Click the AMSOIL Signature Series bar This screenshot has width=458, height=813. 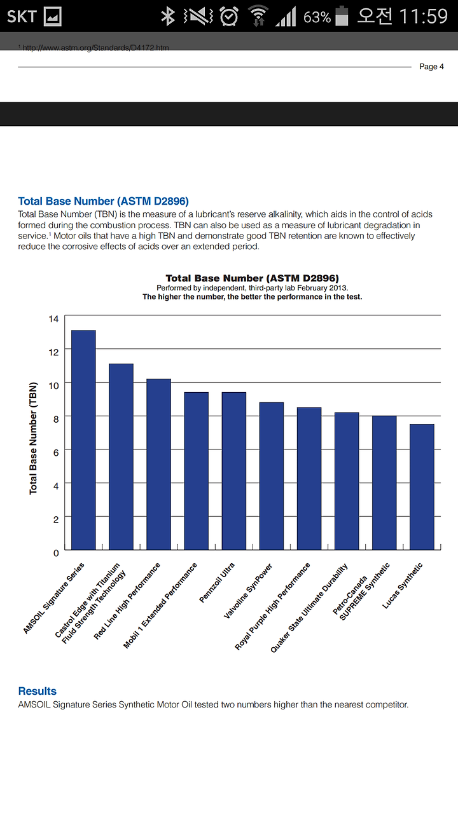point(83,440)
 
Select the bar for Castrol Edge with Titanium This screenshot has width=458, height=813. point(121,456)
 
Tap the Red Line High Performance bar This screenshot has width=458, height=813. point(159,464)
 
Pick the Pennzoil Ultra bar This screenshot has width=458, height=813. point(234,471)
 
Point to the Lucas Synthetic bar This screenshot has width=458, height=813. point(422,487)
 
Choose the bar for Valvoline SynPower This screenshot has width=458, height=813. point(272,476)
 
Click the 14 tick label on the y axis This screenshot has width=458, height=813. point(54,319)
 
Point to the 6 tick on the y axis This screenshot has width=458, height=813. point(56,453)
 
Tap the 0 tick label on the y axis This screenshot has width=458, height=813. point(56,553)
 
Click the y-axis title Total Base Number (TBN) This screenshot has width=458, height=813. point(33,438)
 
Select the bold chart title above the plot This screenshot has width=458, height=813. point(252,278)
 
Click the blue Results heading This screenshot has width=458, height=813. point(38,691)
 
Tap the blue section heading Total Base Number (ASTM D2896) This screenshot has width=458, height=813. point(104,201)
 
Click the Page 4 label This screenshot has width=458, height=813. point(431,66)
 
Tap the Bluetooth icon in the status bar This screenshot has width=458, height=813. point(168,17)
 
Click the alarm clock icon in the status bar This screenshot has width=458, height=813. point(229,17)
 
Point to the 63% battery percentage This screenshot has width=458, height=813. point(317,17)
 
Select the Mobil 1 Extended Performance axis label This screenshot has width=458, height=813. point(160,605)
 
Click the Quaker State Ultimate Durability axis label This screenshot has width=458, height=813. point(309,608)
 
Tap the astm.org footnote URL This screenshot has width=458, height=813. point(95,48)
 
